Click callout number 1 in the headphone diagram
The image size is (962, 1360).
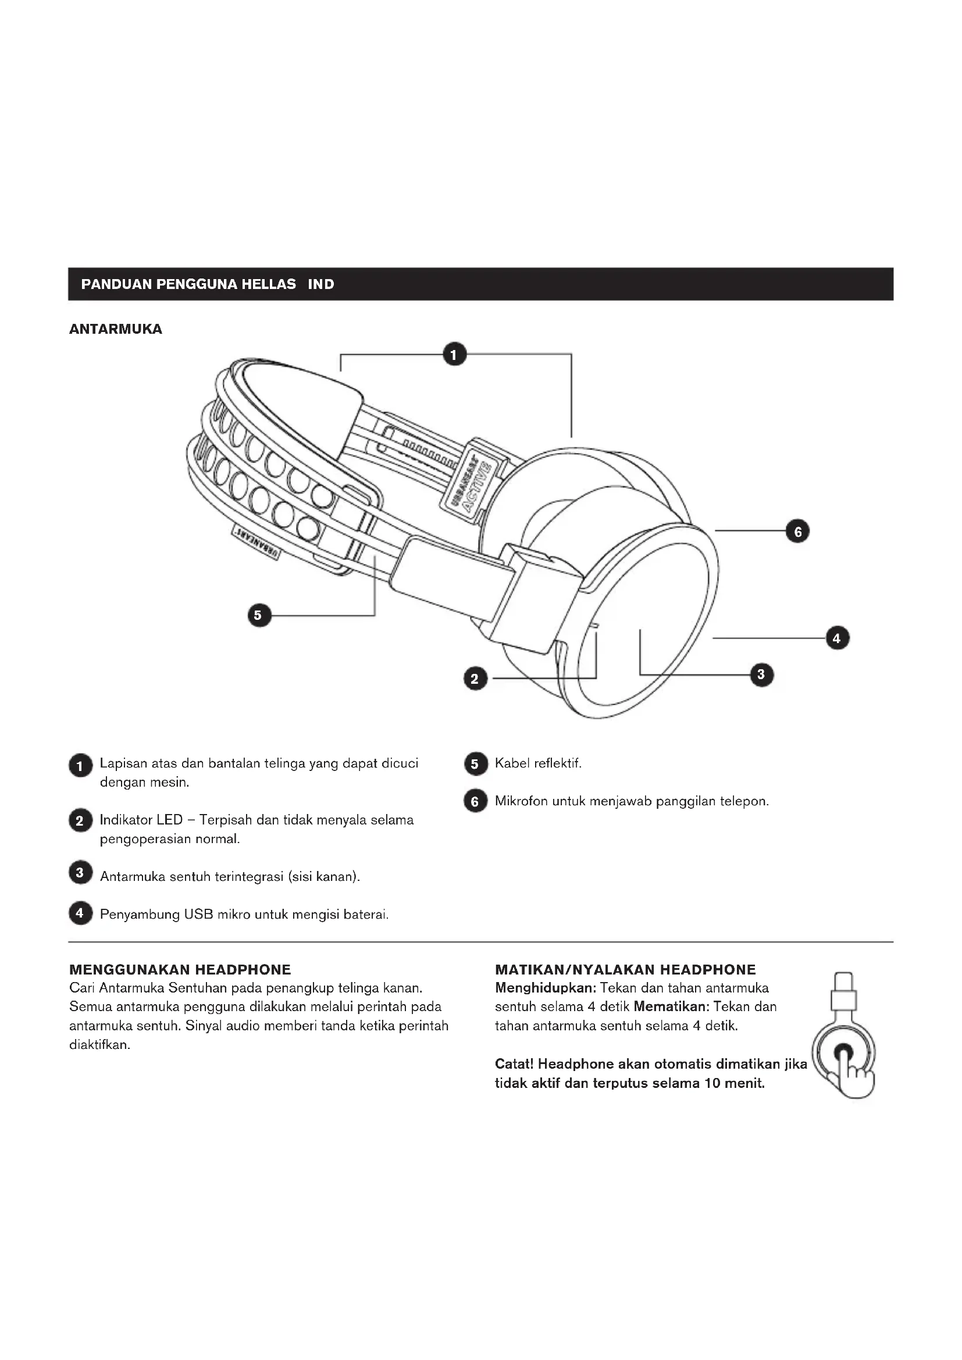pyautogui.click(x=454, y=355)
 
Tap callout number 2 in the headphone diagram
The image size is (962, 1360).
pyautogui.click(x=475, y=679)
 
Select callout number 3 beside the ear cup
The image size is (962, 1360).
pyautogui.click(x=761, y=674)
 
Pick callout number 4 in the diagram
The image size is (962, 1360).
pyautogui.click(x=836, y=638)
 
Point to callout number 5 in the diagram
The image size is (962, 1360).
pyautogui.click(x=259, y=615)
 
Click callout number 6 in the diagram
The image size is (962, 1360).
pyautogui.click(x=797, y=531)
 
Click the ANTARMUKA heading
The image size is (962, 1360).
pyautogui.click(x=116, y=329)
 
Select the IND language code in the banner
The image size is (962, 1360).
pyautogui.click(x=320, y=284)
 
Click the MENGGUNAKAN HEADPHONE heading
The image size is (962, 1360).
pyautogui.click(x=180, y=970)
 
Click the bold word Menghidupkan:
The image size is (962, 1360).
pyautogui.click(x=545, y=988)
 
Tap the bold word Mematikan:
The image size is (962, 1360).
pyautogui.click(x=671, y=1007)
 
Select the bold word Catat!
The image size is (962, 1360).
pyautogui.click(x=514, y=1064)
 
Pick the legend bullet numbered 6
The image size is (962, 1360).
pyautogui.click(x=475, y=801)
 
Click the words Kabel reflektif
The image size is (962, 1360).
pyautogui.click(x=538, y=763)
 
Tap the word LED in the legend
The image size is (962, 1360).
pyautogui.click(x=169, y=820)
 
